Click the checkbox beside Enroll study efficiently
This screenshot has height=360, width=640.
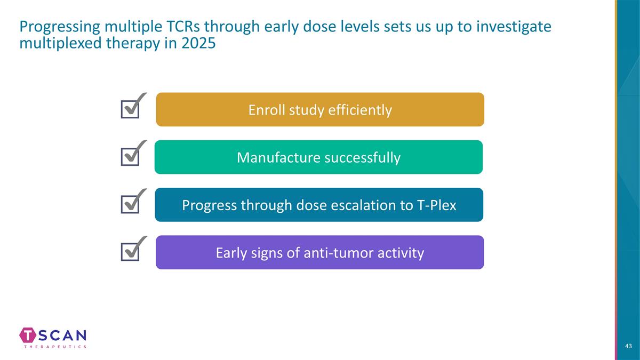click(x=130, y=109)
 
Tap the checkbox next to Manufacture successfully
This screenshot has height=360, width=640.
click(x=130, y=157)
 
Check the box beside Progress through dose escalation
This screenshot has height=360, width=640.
click(x=130, y=205)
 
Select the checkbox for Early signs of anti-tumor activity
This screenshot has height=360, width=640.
click(x=130, y=252)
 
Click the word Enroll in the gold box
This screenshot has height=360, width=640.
click(x=266, y=110)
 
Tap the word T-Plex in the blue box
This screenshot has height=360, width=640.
click(x=437, y=205)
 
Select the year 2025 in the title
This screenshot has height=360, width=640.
click(x=198, y=43)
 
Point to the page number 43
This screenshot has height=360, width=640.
click(x=628, y=346)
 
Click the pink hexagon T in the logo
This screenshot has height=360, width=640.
click(x=28, y=335)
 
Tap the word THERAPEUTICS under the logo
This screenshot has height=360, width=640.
click(x=55, y=347)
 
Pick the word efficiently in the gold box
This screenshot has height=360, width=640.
click(x=360, y=110)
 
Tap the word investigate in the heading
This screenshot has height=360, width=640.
click(x=514, y=27)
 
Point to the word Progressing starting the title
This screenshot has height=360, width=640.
click(x=60, y=27)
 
